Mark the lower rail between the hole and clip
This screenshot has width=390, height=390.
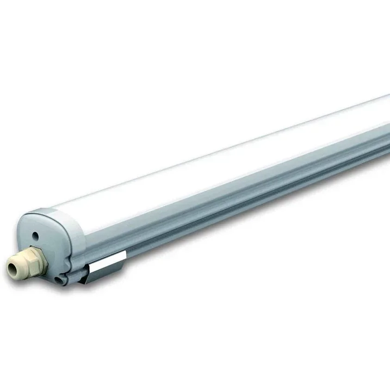coord(76,277)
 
